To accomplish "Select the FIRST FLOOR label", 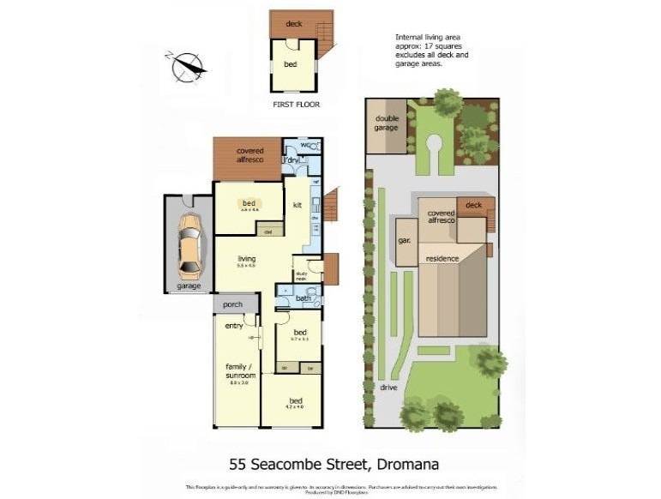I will pos(296,105).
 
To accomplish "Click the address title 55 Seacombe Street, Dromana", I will pos(334,465).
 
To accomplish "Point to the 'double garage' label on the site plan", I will pos(386,123).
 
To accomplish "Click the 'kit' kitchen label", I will pos(297,205).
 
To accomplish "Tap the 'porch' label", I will pos(232,304).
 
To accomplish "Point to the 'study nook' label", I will pos(301,276).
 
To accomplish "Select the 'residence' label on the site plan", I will pos(442,258).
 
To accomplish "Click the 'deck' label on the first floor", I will pos(294,24).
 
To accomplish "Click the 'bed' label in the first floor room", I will pos(291,64).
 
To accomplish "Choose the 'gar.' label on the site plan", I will pos(403,241).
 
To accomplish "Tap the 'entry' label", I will pos(233,326).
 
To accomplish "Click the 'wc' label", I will pos(304,145).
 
